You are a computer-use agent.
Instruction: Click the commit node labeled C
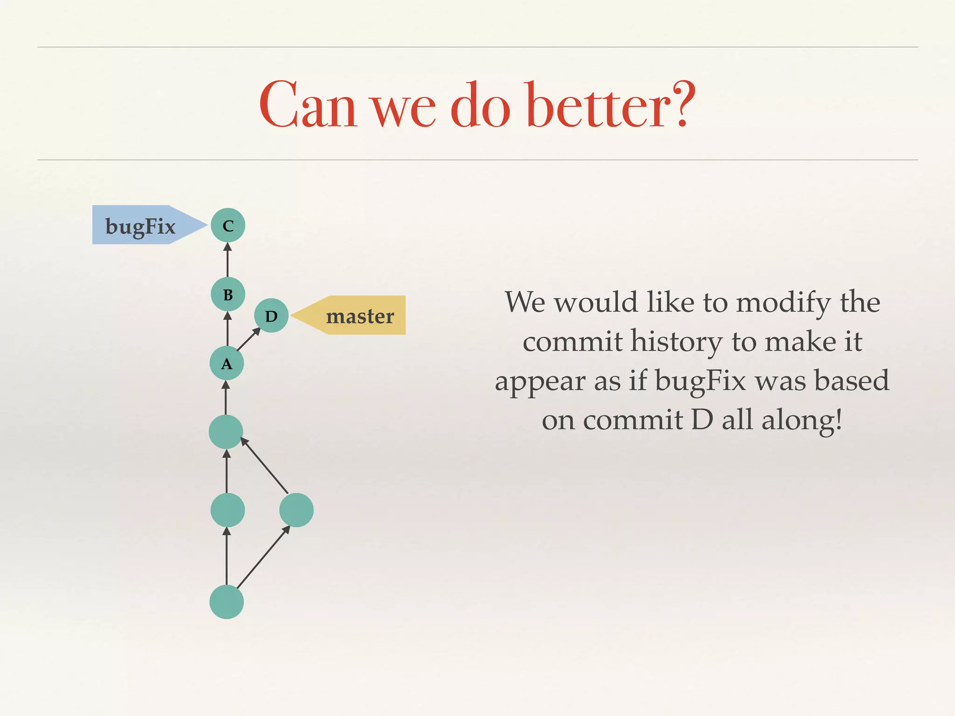228,225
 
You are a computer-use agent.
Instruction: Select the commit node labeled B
228,294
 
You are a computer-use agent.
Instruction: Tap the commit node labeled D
271,316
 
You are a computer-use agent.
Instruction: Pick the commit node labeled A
227,363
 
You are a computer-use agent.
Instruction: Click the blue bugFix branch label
140,225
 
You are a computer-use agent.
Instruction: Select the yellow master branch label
359,316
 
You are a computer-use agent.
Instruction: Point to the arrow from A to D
249,339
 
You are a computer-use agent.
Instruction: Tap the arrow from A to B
228,329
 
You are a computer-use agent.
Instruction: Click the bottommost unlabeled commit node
227,602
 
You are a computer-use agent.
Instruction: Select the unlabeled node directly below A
226,432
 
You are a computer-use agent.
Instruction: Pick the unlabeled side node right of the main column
296,510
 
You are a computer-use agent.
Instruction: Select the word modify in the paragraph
783,303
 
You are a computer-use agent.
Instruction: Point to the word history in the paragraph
677,342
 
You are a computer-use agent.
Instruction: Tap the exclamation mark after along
839,419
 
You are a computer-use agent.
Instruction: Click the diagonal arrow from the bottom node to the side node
263,558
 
